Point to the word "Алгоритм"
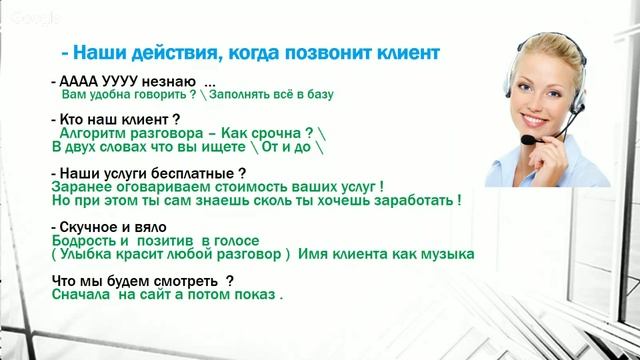(95, 132)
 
